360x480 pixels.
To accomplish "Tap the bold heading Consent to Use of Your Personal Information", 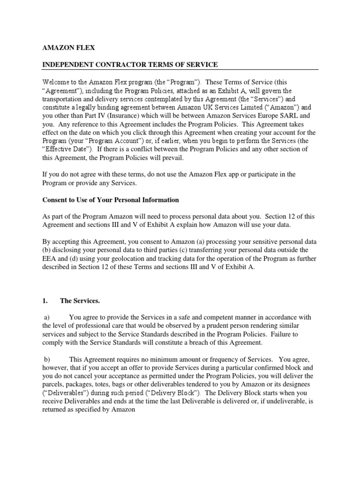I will tap(111, 200).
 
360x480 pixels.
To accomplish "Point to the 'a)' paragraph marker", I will tap(46, 317).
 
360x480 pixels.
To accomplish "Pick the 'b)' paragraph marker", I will tap(46, 359).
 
